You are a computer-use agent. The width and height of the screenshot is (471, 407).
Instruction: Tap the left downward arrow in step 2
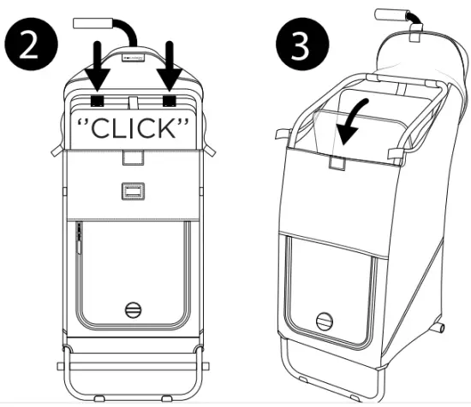98,65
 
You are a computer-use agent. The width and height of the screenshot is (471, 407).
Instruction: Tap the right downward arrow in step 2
170,65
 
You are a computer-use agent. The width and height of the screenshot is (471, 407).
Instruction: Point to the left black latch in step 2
98,99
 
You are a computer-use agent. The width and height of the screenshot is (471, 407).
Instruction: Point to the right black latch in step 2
170,99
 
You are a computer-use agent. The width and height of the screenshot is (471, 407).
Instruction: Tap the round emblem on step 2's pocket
132,310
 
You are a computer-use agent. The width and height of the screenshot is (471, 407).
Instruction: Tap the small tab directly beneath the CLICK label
132,159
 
